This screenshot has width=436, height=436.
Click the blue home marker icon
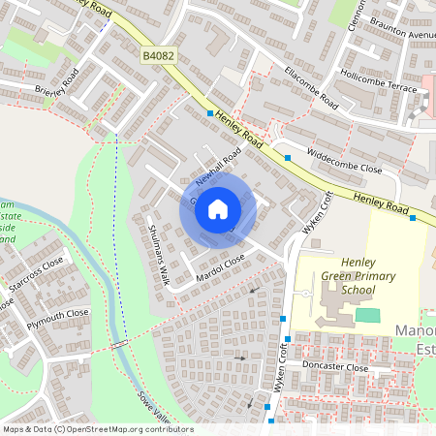218,208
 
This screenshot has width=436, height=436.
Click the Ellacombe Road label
302,86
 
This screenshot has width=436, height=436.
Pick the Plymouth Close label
58,314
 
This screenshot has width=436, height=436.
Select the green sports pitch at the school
367,315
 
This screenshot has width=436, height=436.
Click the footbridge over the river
119,344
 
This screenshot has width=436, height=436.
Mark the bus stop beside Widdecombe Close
288,157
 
